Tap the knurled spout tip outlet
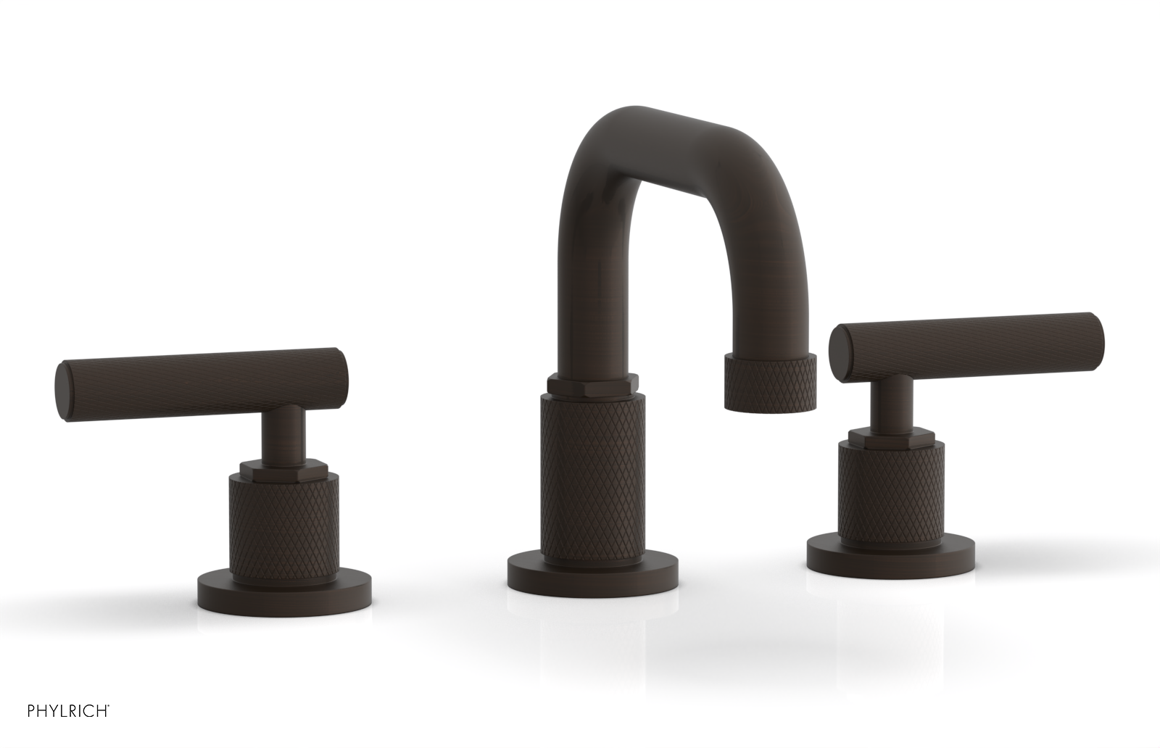coord(770,386)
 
